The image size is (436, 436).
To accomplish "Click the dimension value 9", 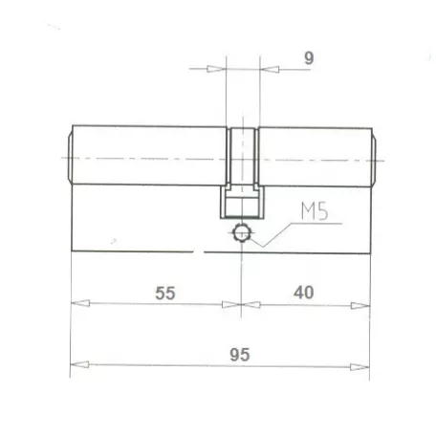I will coord(309,57).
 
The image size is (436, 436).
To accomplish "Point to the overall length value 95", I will coord(239,354).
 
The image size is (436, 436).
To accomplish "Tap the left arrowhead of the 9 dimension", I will coord(215,69).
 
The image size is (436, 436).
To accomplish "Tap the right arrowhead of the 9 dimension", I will coord(268,69).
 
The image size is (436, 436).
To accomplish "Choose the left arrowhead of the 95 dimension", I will coord(80,365).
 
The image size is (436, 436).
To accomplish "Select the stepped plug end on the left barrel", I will coord(69,158).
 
